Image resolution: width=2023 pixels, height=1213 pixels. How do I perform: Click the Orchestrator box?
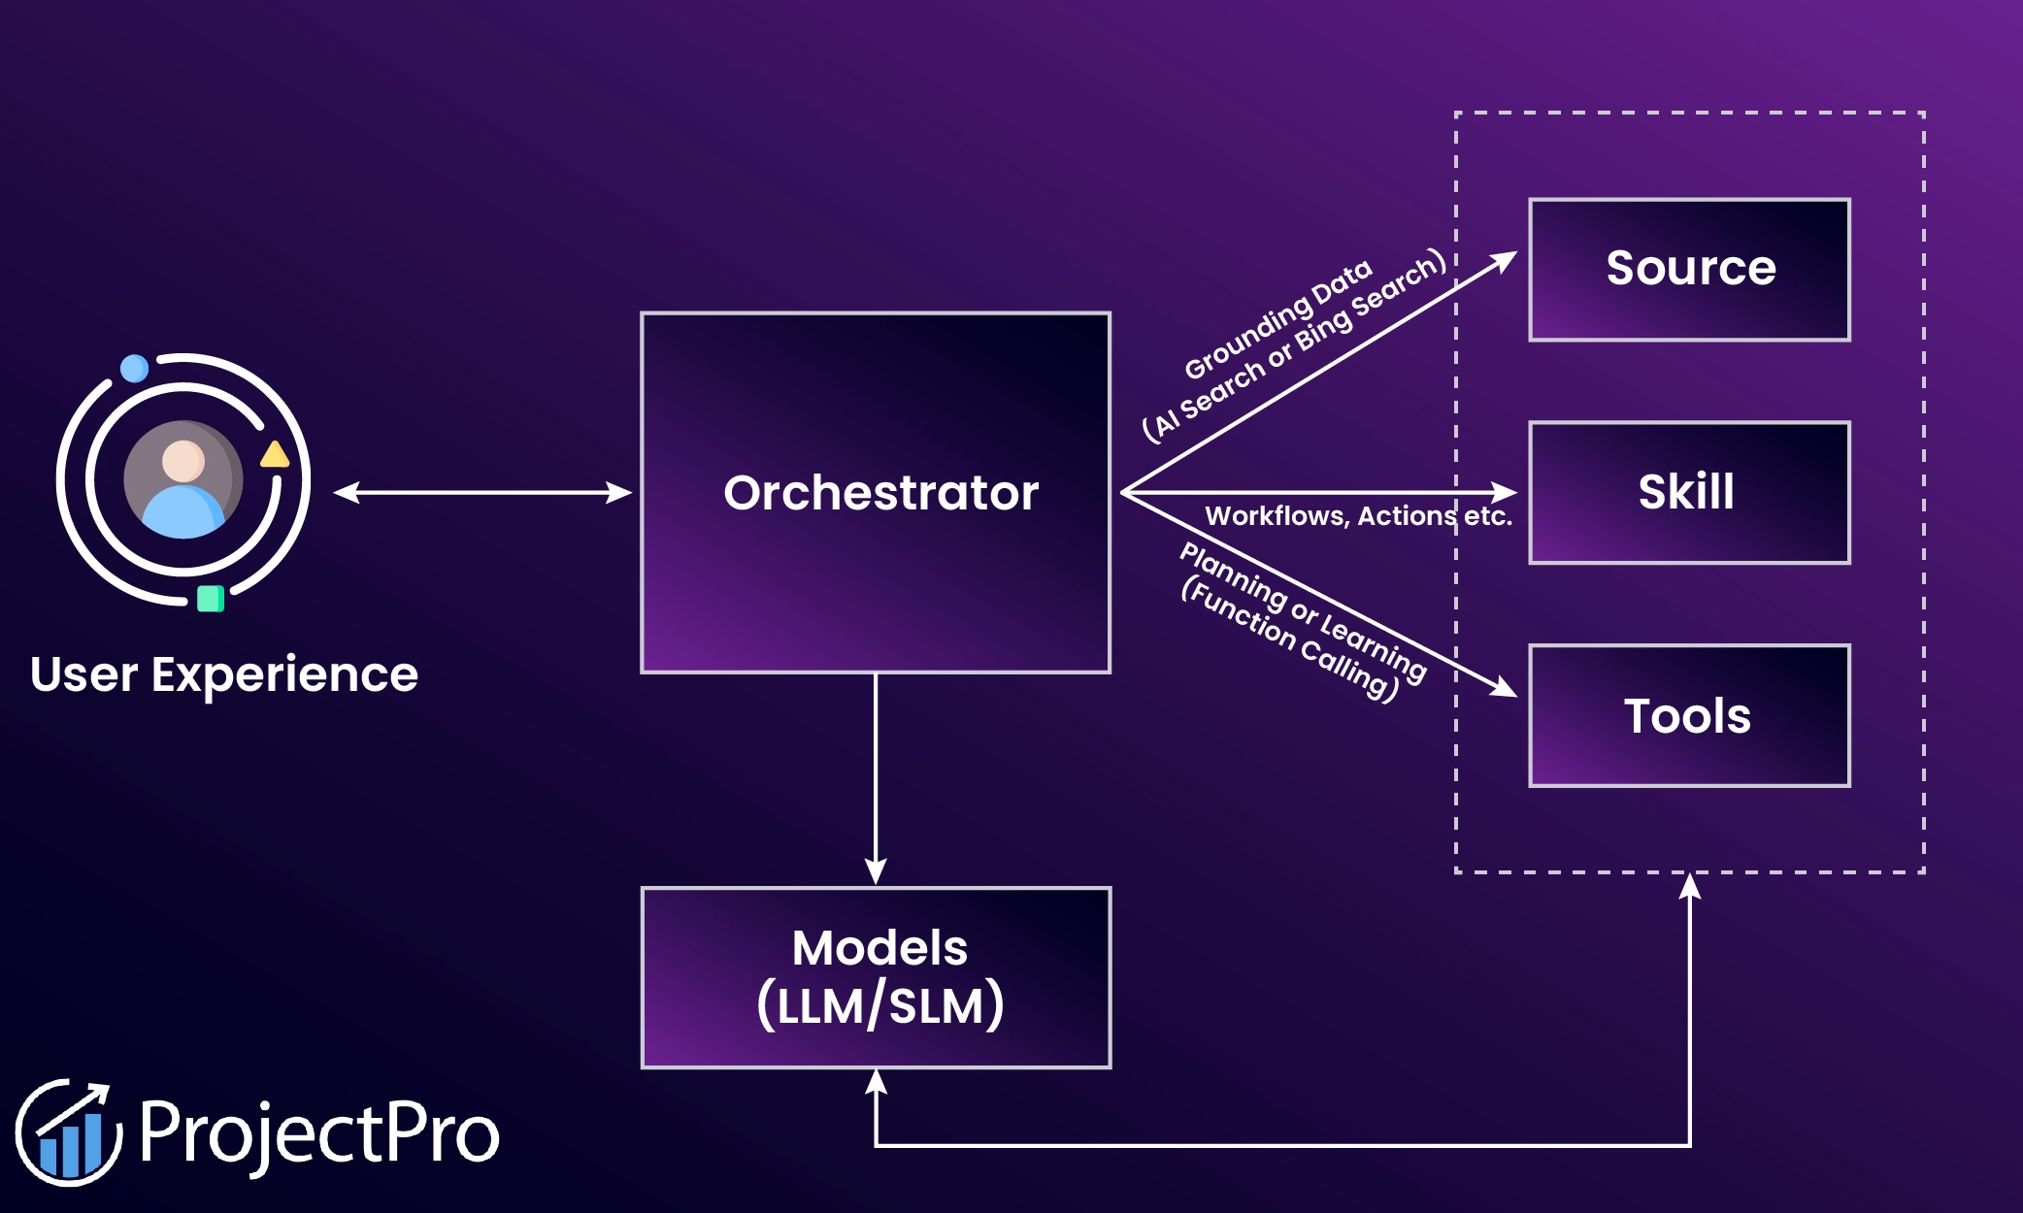876,492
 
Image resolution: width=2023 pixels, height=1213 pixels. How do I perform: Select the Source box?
1689,269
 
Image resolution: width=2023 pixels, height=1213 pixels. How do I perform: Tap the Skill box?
1689,492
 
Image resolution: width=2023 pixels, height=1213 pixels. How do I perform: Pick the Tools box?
1689,715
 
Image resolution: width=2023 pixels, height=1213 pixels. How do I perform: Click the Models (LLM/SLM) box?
876,977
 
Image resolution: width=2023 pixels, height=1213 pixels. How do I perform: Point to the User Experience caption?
224,674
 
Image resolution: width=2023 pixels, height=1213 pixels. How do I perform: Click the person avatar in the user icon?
183,478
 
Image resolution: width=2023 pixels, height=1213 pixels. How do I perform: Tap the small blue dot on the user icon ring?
134,369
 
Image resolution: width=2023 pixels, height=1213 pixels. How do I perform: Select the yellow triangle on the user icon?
275,455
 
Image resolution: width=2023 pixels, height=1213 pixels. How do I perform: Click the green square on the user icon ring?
211,599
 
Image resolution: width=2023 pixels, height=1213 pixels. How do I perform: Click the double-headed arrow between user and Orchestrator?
482,493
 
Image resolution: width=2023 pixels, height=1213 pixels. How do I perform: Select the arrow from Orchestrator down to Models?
876,776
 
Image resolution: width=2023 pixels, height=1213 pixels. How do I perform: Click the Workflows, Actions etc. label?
1358,516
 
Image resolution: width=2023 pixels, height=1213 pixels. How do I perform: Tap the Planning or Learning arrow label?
1301,621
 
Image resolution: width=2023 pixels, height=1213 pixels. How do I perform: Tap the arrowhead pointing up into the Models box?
876,1080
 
